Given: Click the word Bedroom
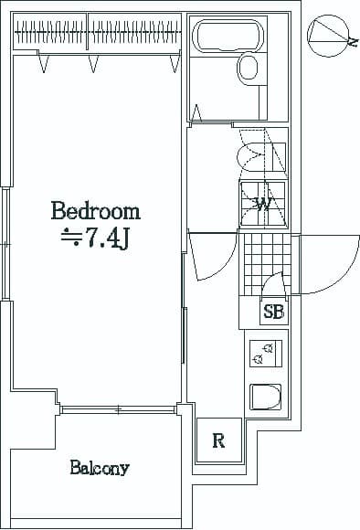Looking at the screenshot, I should point(95,212).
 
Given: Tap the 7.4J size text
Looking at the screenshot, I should point(107,240).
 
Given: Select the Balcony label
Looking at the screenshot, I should point(99,469).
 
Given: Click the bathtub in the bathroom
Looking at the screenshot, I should point(228,38).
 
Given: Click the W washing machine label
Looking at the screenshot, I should point(261,203).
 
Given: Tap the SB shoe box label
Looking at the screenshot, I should point(273,312).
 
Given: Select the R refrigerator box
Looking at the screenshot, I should point(219,441).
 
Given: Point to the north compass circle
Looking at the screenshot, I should point(330,36).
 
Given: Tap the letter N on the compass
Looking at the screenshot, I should point(353,41).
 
